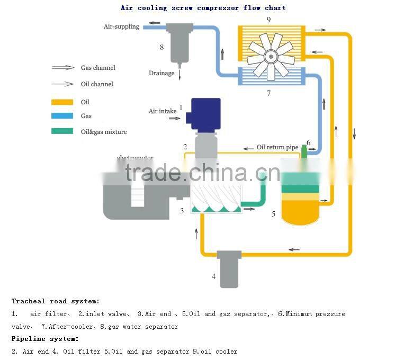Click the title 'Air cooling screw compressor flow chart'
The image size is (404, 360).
point(203,8)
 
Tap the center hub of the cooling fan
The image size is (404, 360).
point(271,55)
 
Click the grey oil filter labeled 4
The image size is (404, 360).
point(229,268)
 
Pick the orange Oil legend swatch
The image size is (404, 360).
point(62,102)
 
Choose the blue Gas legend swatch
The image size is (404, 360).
point(62,116)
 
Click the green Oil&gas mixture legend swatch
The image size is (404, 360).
point(62,131)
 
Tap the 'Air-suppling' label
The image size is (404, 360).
point(121,26)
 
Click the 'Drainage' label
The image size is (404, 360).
point(161,73)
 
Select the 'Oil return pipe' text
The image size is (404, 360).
point(277,147)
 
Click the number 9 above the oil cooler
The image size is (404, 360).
point(269,20)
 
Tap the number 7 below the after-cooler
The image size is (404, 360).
point(268,93)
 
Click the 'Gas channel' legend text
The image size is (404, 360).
point(98,68)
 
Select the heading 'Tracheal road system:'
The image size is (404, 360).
point(56,301)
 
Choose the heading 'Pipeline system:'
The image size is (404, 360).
point(45,338)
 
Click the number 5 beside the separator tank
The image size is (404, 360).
point(273,214)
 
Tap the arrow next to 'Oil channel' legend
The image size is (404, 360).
point(62,84)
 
